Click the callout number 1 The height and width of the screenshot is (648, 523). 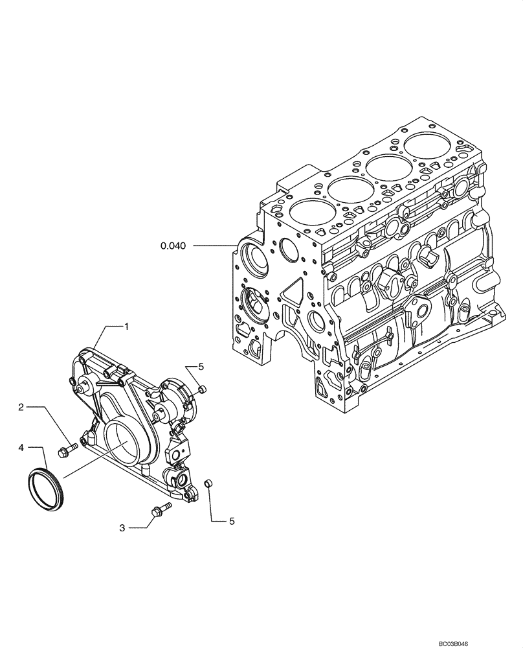(126, 327)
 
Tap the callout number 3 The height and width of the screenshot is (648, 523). (122, 528)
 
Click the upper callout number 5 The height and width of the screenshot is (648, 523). (201, 367)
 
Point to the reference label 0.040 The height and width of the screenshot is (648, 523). (173, 246)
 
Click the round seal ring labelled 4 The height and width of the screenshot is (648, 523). (46, 485)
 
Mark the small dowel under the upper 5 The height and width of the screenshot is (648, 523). (203, 389)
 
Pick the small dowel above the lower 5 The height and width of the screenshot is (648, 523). (208, 483)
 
